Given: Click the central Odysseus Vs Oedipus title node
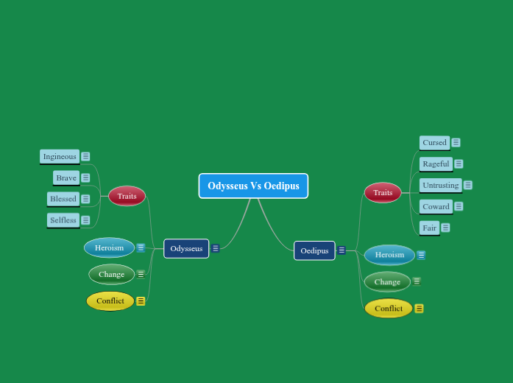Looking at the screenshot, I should coord(253,186).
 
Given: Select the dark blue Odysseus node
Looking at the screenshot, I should coord(186,248).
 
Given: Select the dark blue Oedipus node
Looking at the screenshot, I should coord(314,250).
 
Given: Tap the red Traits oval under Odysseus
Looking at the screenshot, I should coord(127,196).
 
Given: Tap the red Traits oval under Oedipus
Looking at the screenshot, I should coord(383,192).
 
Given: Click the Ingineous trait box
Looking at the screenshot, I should coord(60,156).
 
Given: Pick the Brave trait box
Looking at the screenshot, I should coord(66,178).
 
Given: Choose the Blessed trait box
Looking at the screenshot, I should coord(63,199).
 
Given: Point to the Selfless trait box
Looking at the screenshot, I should coord(63,220).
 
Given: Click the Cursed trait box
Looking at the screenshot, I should coord(434,142).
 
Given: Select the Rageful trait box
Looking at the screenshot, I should coord(436,164).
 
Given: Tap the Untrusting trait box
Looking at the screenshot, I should coord(440,185).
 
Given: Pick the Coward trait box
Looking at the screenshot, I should coord(436,206).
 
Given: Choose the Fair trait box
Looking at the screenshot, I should coord(429,228).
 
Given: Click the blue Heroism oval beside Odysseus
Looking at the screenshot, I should coord(109,247).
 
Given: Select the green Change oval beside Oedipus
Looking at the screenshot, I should coord(387,281).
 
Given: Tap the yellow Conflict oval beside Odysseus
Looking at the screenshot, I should coord(110,301).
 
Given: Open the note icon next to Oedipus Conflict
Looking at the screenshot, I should coord(419,309).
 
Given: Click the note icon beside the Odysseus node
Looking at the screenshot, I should coord(216,248).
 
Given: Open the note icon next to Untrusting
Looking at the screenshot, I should coord(468,185).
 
